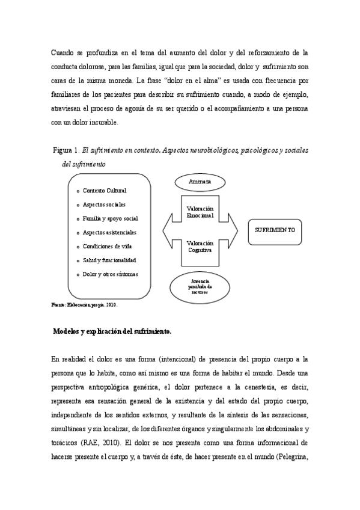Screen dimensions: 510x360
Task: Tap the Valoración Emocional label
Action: coord(200,211)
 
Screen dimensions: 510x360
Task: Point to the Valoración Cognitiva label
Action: coord(200,247)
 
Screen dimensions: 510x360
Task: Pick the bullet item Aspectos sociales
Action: coord(103,204)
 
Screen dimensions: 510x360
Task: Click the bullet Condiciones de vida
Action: coord(107,246)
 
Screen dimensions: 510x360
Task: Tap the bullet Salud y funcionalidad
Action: coord(109,260)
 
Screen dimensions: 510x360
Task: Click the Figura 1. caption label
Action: coord(67,150)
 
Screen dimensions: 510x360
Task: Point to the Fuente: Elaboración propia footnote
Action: coord(84,305)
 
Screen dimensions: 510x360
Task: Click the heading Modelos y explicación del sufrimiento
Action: coord(112,331)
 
